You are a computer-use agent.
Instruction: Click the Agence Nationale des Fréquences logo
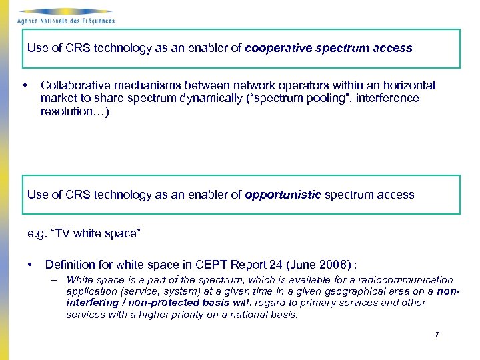65,16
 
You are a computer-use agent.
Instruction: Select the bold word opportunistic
283,195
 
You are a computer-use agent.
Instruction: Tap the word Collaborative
73,85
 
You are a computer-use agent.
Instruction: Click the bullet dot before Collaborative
25,86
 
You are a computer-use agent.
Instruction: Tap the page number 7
437,333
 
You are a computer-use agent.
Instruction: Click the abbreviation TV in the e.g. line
61,233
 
